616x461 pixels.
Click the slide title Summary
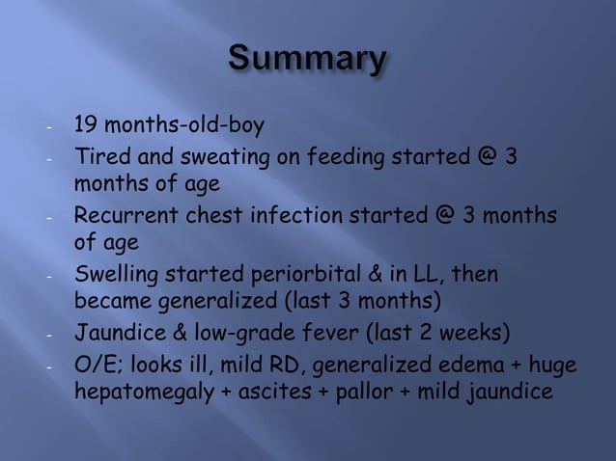[x=307, y=61]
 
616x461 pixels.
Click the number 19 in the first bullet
[x=87, y=125]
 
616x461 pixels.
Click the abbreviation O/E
[x=96, y=366]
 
